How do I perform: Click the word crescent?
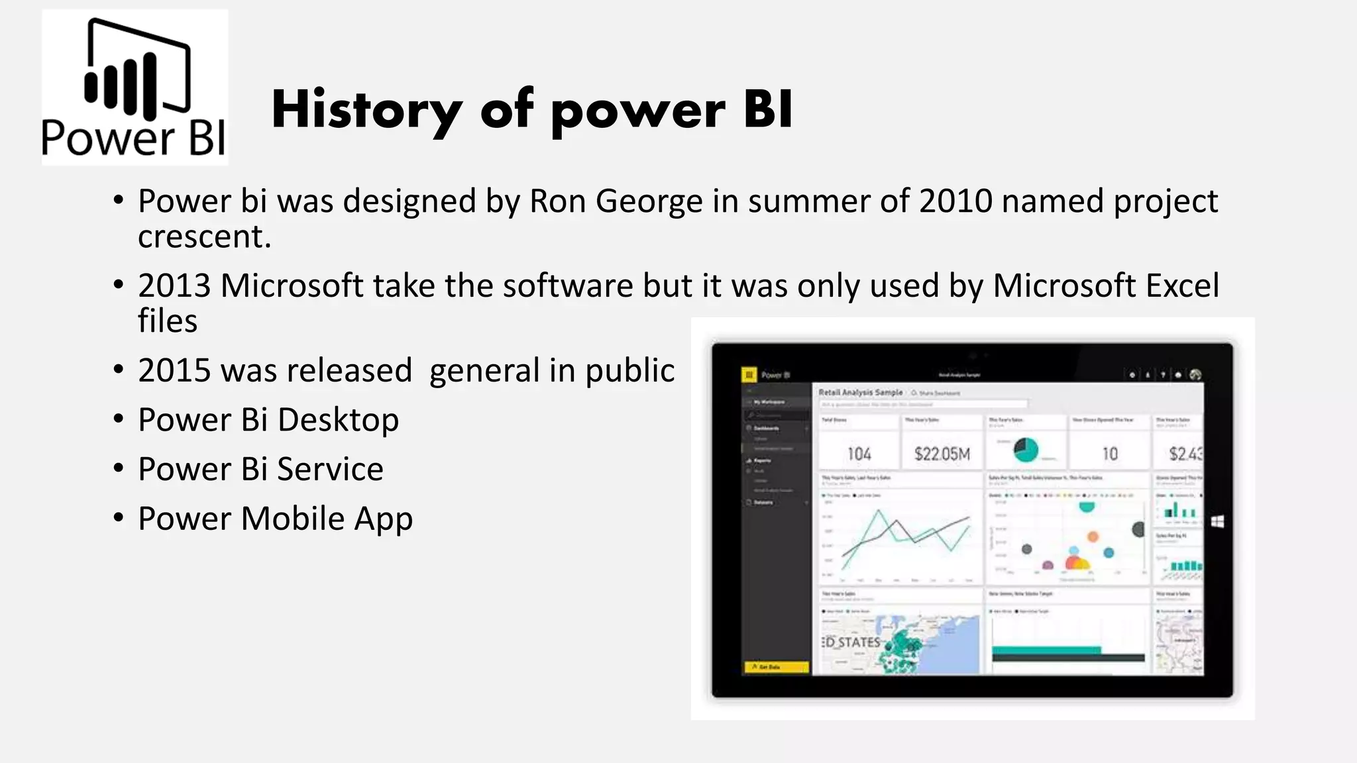204,237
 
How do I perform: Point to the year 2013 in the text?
174,285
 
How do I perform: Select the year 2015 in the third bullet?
174,370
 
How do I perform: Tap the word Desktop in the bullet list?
338,420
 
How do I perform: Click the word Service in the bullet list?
330,470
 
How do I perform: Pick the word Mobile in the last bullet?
293,519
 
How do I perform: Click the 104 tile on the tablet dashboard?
859,454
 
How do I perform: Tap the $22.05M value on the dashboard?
942,454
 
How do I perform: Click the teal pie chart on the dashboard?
1026,450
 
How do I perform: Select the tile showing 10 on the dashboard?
1109,454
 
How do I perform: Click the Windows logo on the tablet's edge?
1217,522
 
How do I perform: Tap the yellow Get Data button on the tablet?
775,667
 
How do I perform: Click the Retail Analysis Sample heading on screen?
860,392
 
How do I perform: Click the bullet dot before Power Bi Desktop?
118,419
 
